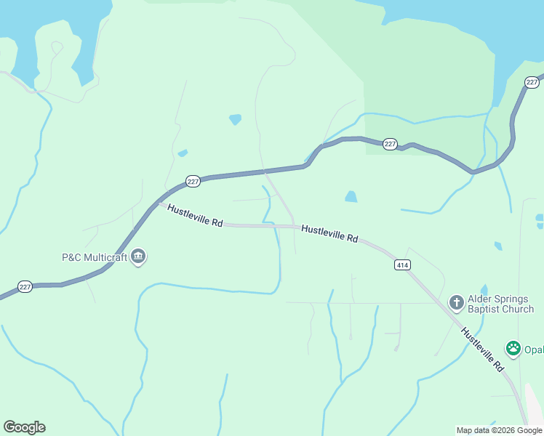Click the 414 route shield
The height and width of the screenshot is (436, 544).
(402, 265)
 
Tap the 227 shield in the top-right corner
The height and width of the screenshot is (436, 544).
(532, 82)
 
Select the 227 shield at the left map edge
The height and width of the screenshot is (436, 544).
(25, 287)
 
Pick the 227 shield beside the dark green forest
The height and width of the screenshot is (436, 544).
(390, 144)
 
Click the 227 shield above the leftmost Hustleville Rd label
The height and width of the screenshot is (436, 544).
(193, 182)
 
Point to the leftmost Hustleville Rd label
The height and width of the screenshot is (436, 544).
(194, 216)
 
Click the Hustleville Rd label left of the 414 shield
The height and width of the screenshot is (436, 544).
(329, 233)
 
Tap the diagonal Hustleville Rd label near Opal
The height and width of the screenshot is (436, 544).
(482, 349)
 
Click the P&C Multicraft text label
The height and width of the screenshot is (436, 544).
(94, 257)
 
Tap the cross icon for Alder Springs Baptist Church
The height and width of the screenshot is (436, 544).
(456, 302)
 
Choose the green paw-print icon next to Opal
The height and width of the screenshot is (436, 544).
(514, 348)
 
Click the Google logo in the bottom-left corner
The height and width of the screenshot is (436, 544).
(24, 427)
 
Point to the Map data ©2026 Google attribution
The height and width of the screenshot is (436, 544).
(499, 430)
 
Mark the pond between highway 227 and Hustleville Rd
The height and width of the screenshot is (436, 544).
(351, 196)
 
